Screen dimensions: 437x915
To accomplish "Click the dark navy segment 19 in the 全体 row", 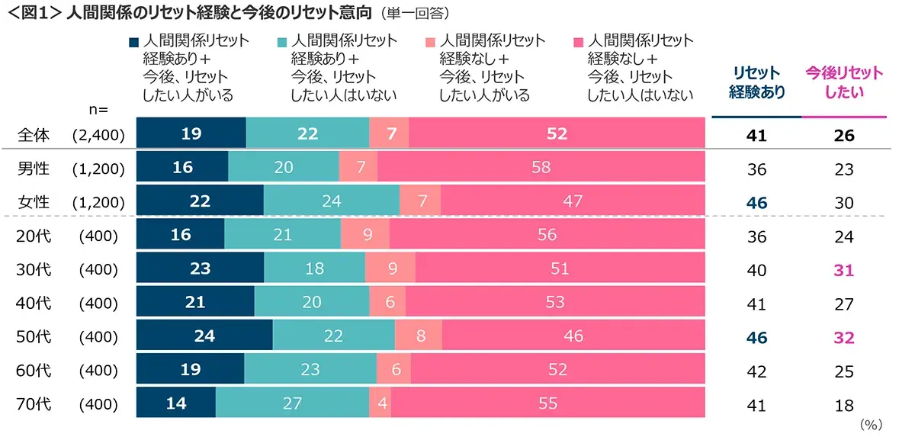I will pyautogui.click(x=191, y=133).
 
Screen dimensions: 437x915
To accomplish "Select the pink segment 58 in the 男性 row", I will pyautogui.click(x=541, y=167).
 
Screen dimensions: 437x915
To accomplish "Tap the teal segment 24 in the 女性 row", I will pyautogui.click(x=331, y=201).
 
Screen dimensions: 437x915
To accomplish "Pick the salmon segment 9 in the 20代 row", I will pyautogui.click(x=366, y=235).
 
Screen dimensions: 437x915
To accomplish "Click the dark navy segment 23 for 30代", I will pyautogui.click(x=200, y=268).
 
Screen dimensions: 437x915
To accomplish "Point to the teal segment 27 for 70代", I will pyautogui.click(x=292, y=403).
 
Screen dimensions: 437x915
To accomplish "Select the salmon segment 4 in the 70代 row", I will pyautogui.click(x=380, y=403).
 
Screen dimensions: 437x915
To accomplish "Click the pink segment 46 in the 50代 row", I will pyautogui.click(x=573, y=336).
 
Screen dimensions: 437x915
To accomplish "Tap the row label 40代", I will pyautogui.click(x=34, y=303).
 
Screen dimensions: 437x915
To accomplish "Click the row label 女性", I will pyautogui.click(x=34, y=201).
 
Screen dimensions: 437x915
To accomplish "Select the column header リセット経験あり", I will pyautogui.click(x=756, y=82).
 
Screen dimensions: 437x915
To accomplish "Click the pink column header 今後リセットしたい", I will pyautogui.click(x=843, y=82).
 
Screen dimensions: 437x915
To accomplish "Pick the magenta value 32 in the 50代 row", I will pyautogui.click(x=843, y=337).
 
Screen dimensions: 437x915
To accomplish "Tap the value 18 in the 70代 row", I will pyautogui.click(x=843, y=405).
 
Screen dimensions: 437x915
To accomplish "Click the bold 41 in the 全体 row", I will pyautogui.click(x=756, y=135).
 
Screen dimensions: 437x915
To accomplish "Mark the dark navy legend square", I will pyautogui.click(x=133, y=42).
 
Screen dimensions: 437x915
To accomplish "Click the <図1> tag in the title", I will pyautogui.click(x=33, y=13).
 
